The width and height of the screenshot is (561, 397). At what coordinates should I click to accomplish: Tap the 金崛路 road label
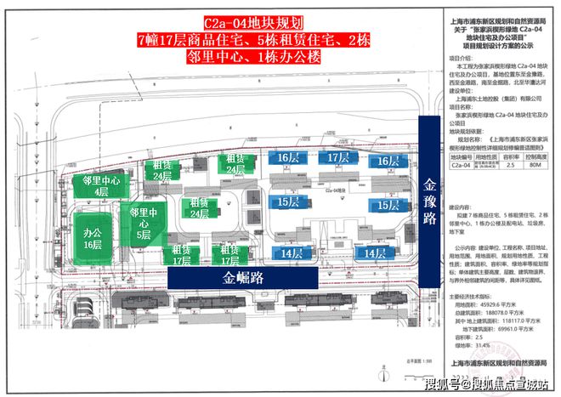coord(244,278)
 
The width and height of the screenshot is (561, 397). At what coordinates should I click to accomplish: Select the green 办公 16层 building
coord(93,238)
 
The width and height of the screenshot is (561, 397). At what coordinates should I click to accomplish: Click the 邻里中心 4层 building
coord(101,185)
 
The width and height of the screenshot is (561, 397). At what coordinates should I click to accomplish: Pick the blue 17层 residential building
coord(338,159)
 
